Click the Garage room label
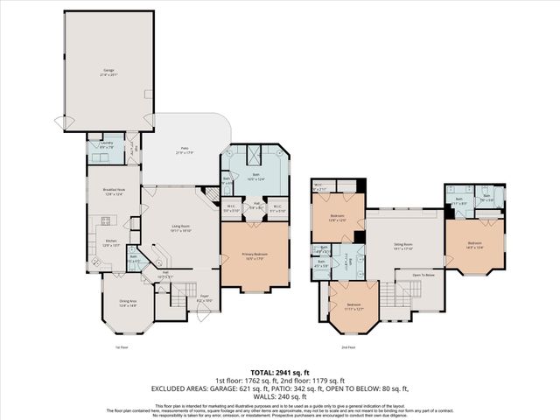[x=110, y=70]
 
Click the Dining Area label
[x=128, y=304]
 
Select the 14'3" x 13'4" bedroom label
[x=474, y=244]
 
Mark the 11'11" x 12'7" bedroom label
[x=352, y=306]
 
